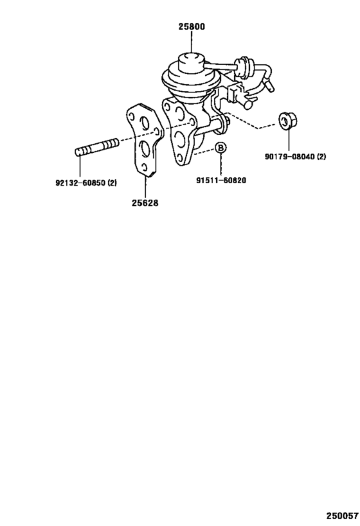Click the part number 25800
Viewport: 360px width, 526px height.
pyautogui.click(x=192, y=26)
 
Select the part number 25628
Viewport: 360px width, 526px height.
pyautogui.click(x=145, y=203)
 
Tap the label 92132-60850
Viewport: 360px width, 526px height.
pyautogui.click(x=80, y=183)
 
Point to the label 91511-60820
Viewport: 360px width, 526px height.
pyautogui.click(x=221, y=180)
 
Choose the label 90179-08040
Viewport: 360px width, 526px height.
pyautogui.click(x=289, y=156)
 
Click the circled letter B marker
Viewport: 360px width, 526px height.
pyautogui.click(x=221, y=147)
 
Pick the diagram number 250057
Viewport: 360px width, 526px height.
pyautogui.click(x=341, y=515)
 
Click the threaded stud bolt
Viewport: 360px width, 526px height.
pyautogui.click(x=96, y=148)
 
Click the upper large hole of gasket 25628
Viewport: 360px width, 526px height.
pyautogui.click(x=146, y=123)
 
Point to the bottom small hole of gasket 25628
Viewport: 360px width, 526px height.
pyautogui.click(x=144, y=168)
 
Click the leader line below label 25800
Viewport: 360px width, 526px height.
pyautogui.click(x=192, y=42)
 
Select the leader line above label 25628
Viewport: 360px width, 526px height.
pyautogui.click(x=145, y=187)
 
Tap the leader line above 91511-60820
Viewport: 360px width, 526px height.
pyautogui.click(x=221, y=164)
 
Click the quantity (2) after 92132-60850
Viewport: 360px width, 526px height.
pyautogui.click(x=112, y=183)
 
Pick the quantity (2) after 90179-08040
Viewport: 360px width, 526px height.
pyautogui.click(x=321, y=156)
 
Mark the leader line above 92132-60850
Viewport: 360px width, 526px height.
pyautogui.click(x=80, y=166)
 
